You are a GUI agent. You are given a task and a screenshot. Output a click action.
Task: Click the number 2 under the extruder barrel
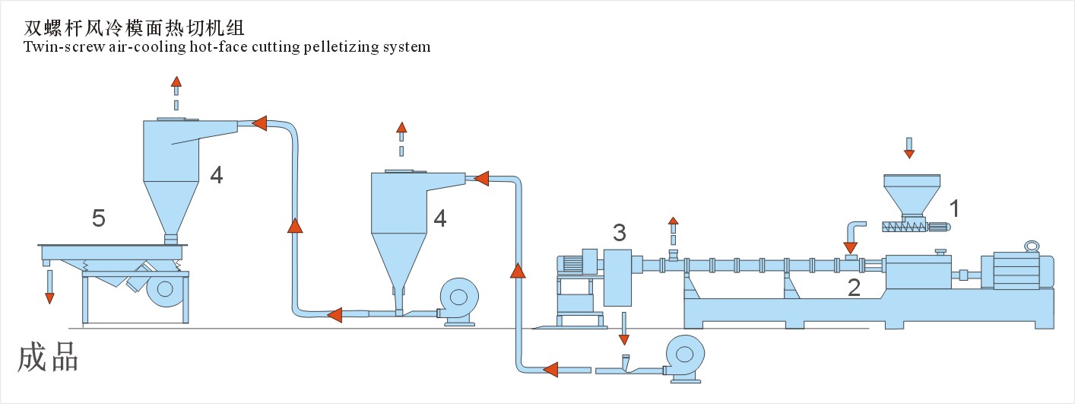[855, 287]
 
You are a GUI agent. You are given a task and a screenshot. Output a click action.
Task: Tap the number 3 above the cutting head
[620, 231]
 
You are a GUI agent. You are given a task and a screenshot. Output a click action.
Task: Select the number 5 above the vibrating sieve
[98, 219]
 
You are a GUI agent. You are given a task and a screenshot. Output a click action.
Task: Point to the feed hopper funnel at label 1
[912, 193]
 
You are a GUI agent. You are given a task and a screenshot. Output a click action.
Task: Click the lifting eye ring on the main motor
[1031, 247]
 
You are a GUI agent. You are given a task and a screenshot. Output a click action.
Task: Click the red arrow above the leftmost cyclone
[176, 82]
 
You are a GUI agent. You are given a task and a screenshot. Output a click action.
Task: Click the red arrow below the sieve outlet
[49, 297]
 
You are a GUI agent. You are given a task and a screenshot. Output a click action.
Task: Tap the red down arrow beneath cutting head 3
[624, 338]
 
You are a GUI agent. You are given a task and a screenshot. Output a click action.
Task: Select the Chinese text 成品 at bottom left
[48, 357]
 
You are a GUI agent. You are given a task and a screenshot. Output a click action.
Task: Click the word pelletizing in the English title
[342, 47]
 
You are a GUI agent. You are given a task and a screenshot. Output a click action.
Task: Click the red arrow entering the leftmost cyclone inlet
[259, 122]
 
